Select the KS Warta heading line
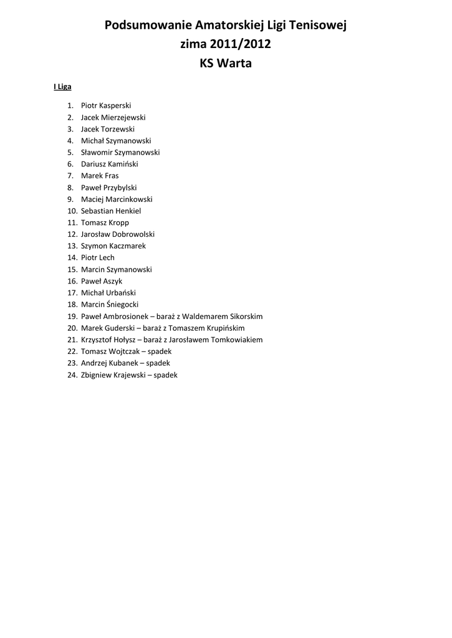226,63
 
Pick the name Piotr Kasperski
106,105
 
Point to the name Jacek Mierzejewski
113,117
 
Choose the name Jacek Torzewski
108,129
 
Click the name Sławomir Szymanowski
120,152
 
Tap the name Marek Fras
100,176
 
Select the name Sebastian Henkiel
111,211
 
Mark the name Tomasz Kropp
105,222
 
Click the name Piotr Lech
98,257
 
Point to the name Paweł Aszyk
102,281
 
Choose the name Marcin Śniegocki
110,305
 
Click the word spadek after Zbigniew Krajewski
165,375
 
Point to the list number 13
72,246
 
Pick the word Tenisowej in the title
317,26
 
